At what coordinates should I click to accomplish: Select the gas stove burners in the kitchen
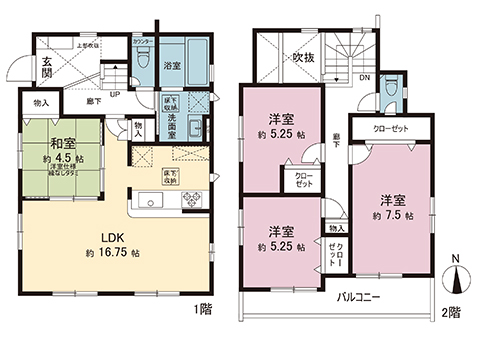(x=191, y=199)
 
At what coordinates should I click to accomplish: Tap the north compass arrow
(x=455, y=275)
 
